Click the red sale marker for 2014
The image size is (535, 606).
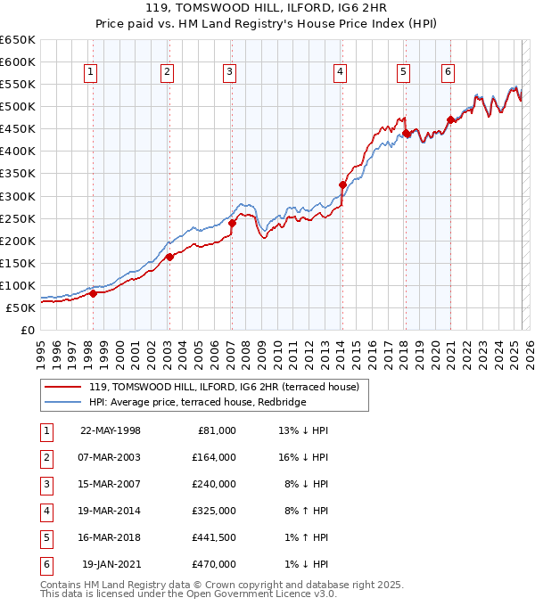[342, 185]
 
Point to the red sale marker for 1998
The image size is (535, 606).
[93, 293]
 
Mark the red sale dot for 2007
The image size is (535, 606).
[231, 223]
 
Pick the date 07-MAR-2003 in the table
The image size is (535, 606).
[111, 457]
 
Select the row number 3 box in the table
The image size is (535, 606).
[45, 485]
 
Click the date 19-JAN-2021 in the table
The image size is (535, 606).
[111, 564]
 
